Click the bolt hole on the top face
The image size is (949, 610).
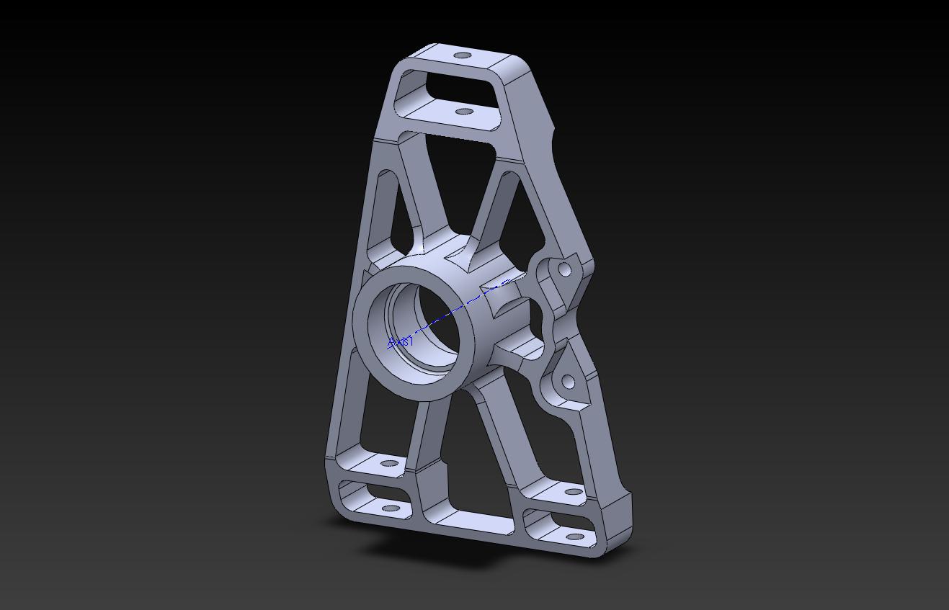pyautogui.click(x=463, y=55)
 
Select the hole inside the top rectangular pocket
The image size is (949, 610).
pyautogui.click(x=465, y=112)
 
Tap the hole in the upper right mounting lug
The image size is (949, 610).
pyautogui.click(x=565, y=270)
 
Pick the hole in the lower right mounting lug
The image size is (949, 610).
pyautogui.click(x=568, y=382)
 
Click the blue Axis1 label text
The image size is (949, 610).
pyautogui.click(x=401, y=341)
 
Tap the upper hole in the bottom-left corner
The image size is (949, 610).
pyautogui.click(x=389, y=463)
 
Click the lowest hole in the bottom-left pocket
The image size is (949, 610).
pyautogui.click(x=391, y=508)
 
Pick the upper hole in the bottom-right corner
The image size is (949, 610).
pyautogui.click(x=574, y=492)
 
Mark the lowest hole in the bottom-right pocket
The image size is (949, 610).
pyautogui.click(x=574, y=537)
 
